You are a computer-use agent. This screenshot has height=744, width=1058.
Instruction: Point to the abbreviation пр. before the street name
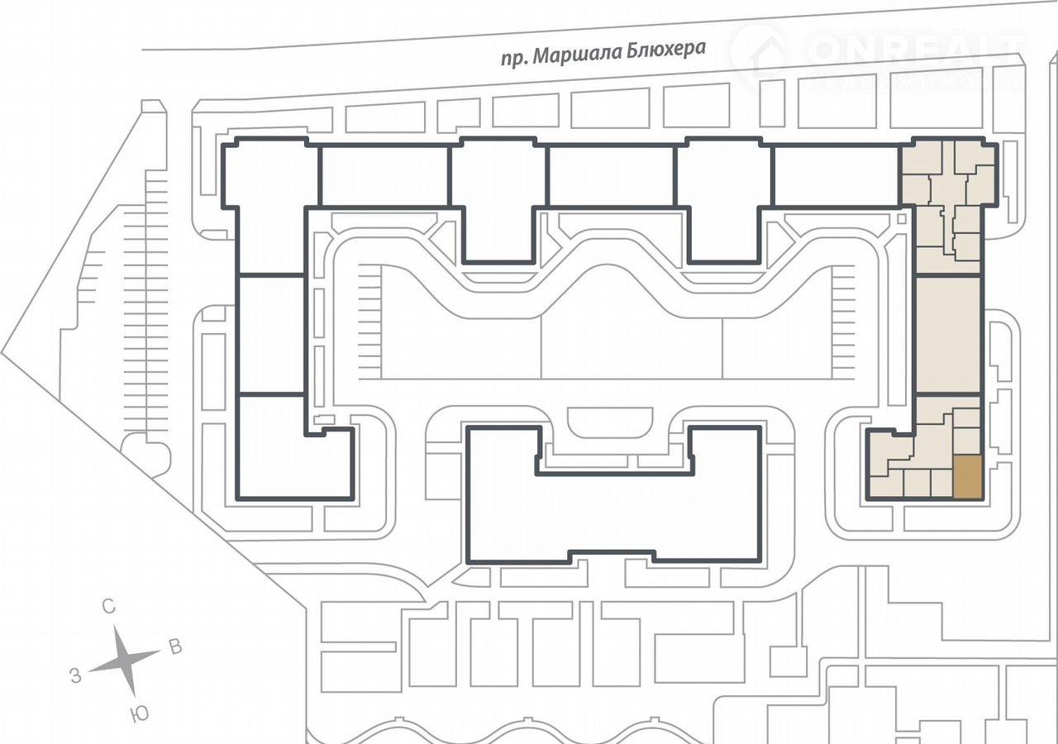515,58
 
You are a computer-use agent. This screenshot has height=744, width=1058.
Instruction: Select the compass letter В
175,646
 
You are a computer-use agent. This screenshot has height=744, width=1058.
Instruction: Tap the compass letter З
75,676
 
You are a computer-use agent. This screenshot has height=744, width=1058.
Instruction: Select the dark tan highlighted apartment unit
967,477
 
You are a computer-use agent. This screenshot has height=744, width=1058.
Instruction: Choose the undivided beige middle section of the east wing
948,335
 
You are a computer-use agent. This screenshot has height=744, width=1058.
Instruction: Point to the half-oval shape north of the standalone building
610,422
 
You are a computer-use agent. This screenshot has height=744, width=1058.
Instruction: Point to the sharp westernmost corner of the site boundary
3,353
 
